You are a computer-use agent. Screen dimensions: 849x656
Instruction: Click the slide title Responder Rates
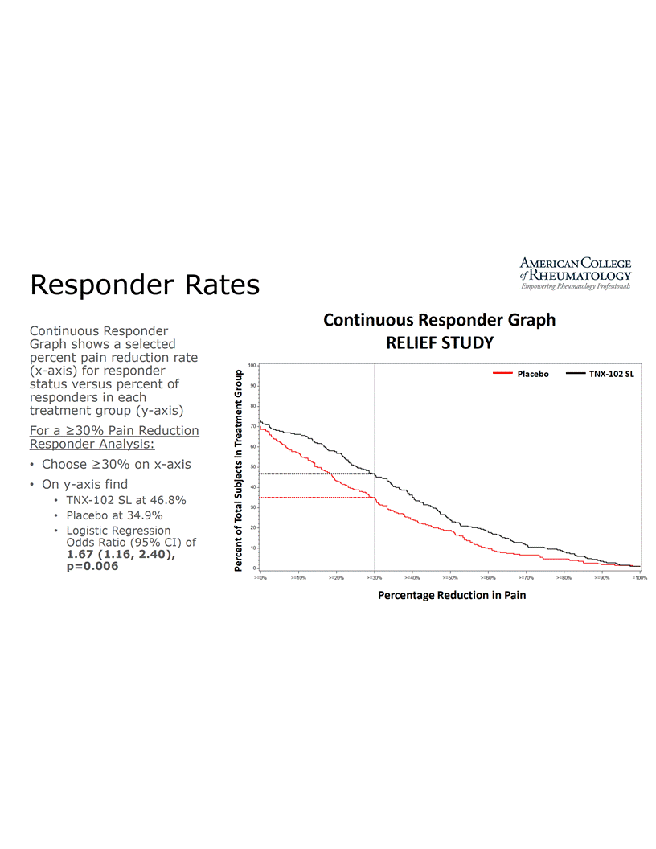(x=145, y=285)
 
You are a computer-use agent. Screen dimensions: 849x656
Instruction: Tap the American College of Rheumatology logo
(x=575, y=274)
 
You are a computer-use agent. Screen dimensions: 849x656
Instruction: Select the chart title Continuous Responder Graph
(x=439, y=320)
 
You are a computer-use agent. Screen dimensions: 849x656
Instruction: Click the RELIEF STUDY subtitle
(x=439, y=343)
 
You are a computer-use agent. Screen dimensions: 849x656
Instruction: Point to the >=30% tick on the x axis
(x=374, y=577)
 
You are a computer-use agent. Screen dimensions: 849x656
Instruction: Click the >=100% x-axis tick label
(x=639, y=577)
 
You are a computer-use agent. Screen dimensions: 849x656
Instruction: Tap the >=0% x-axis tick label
(x=260, y=577)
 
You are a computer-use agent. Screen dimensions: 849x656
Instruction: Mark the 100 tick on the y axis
(x=252, y=366)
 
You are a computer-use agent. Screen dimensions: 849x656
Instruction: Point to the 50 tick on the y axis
(x=252, y=467)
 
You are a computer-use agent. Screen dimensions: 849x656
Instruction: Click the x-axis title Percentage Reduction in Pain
(x=452, y=596)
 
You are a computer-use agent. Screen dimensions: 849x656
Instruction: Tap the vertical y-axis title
(x=240, y=470)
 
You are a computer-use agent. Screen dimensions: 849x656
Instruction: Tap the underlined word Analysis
(x=128, y=443)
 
